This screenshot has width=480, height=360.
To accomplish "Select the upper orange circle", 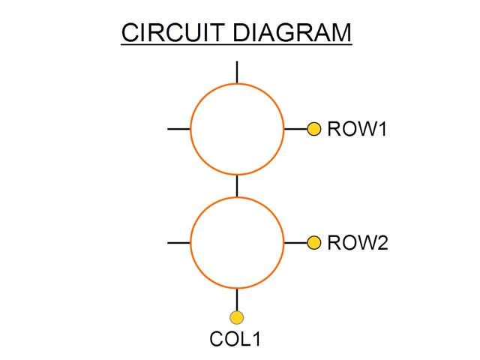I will (x=237, y=129).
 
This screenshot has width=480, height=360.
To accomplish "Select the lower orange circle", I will (x=237, y=243).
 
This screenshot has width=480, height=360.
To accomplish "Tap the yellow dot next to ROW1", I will (x=314, y=129).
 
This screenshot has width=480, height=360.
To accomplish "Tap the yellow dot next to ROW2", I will (x=314, y=242).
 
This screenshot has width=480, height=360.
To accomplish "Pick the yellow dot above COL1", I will (x=237, y=317).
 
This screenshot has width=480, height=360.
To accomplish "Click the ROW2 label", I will (x=358, y=243).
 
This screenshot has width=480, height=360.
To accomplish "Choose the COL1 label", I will (x=235, y=339).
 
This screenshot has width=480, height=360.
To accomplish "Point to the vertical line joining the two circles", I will (x=237, y=186).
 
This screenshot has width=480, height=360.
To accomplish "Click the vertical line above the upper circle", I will (x=237, y=71).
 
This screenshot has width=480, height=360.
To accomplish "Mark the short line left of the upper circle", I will (x=178, y=129).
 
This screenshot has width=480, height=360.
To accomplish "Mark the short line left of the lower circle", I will (x=178, y=243).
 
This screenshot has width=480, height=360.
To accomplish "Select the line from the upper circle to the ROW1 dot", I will (x=295, y=129).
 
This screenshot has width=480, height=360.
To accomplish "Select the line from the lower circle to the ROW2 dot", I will (x=295, y=243).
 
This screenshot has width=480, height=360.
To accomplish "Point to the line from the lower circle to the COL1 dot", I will (x=237, y=300).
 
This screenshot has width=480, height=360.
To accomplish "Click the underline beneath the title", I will (x=235, y=45).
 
